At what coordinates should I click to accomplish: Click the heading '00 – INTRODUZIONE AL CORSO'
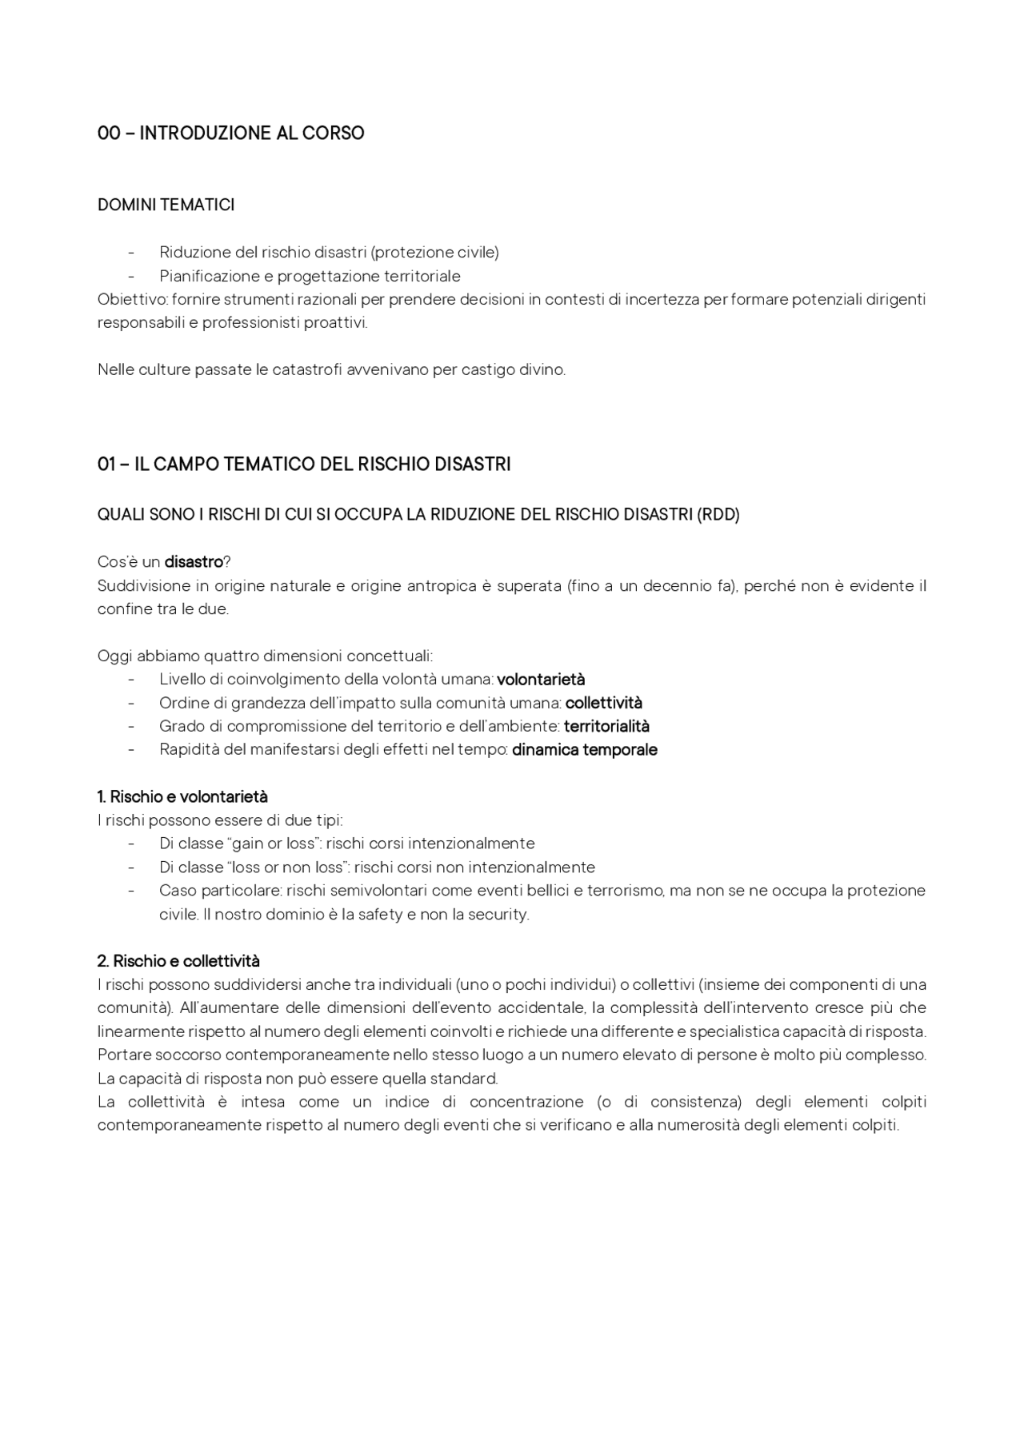(230, 134)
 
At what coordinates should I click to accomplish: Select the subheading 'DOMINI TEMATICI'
(166, 205)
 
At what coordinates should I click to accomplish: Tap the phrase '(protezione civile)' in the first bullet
(434, 253)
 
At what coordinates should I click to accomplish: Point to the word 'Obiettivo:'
(133, 300)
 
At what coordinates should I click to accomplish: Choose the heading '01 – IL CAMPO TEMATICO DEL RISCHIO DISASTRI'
(304, 465)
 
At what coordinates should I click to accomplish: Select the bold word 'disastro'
(193, 562)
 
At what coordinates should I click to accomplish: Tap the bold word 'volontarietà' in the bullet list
(541, 680)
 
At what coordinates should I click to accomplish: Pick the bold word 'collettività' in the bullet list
(603, 704)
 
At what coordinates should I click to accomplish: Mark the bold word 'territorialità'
(606, 727)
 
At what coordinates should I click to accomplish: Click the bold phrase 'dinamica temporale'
(584, 750)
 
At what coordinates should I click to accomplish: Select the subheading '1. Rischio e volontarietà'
(182, 797)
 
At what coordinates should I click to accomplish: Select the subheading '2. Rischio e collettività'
(178, 961)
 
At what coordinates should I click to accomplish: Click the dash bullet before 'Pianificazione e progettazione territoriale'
(130, 277)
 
